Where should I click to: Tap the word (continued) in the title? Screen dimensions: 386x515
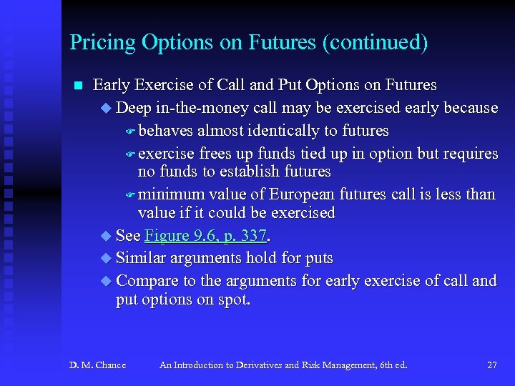[x=375, y=43]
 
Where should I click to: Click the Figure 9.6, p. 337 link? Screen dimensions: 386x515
[x=205, y=236]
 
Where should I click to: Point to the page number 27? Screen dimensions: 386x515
[x=491, y=365]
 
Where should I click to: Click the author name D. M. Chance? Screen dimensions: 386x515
[x=97, y=365]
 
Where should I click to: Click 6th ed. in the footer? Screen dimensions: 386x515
[x=391, y=365]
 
